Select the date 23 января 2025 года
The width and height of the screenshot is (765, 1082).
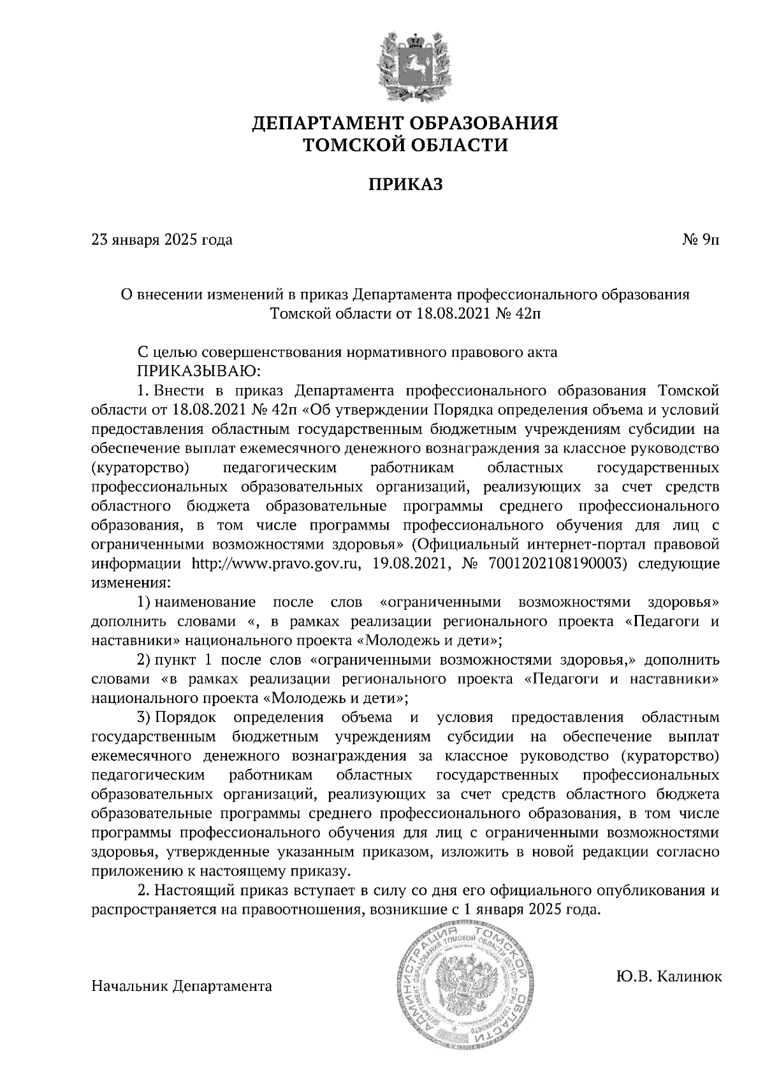[x=163, y=240]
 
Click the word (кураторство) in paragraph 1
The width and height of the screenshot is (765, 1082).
[x=141, y=468]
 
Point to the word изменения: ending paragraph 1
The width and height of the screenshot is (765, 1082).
[x=131, y=582]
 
